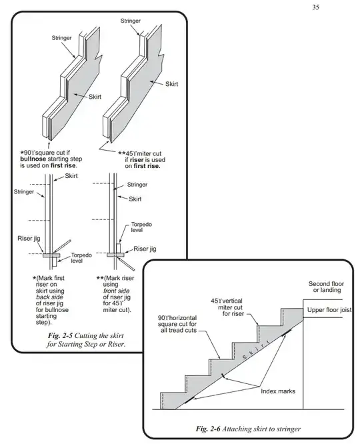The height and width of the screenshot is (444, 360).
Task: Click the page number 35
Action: coord(316,7)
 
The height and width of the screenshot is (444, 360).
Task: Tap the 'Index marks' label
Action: coord(278,391)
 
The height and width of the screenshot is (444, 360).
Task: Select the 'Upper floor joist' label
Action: coord(329,310)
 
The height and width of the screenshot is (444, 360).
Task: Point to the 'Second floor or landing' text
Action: coord(326,287)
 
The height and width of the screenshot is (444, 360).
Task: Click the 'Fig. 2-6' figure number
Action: coord(208,429)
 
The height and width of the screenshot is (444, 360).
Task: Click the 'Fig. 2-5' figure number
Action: coord(60,335)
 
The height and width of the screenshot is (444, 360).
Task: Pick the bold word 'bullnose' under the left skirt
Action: coord(33,159)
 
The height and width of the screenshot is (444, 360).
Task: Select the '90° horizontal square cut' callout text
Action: coord(177,324)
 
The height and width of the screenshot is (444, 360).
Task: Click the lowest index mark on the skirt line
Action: coord(189,400)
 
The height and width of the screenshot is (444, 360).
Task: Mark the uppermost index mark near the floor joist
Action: coord(287,333)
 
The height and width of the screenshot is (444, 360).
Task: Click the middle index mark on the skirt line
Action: coord(223,376)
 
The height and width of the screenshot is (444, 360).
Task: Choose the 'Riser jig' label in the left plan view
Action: coord(29,239)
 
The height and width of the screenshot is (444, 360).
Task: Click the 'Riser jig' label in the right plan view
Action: coord(145,249)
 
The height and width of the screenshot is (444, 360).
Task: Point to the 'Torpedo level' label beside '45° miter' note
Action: coord(141,227)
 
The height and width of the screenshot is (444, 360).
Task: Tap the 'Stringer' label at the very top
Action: coord(130,21)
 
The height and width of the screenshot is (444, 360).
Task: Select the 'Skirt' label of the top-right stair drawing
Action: coord(171,84)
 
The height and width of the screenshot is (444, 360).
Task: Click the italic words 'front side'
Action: coord(116,291)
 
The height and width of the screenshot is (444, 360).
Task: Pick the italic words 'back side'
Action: coord(49,297)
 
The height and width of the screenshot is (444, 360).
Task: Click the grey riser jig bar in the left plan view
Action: coord(51,255)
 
